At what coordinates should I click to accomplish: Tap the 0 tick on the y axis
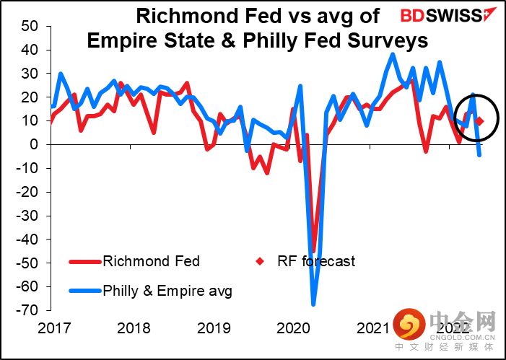click(x=33, y=144)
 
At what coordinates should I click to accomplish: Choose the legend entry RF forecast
click(x=316, y=261)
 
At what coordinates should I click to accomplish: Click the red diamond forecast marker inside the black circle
click(x=479, y=121)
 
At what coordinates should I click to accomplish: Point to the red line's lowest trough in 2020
click(x=314, y=249)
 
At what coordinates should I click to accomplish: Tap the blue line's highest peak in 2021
click(x=393, y=53)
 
